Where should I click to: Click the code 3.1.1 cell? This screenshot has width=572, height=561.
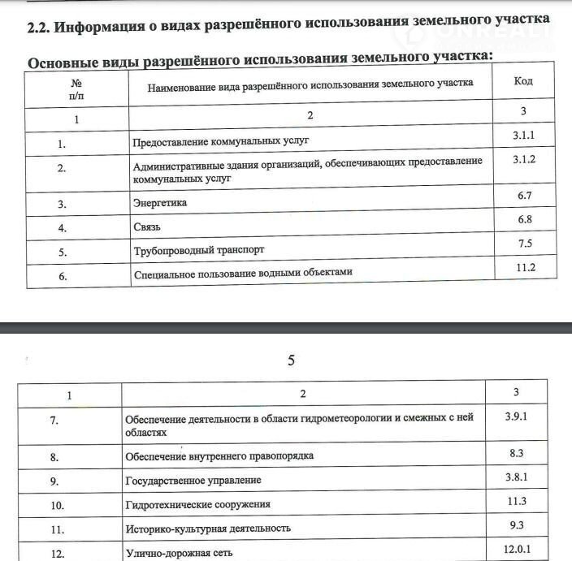(524, 137)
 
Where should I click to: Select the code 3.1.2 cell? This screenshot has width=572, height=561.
(524, 161)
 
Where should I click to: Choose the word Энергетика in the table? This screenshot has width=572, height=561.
(159, 203)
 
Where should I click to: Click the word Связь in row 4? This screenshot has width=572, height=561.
(147, 227)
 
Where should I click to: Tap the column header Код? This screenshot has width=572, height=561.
(524, 81)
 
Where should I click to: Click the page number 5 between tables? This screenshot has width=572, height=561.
(291, 360)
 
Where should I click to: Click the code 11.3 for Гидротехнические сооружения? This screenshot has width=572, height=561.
(517, 501)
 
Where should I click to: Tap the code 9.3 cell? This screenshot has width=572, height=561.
(517, 525)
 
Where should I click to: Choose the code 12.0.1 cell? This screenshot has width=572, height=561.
(517, 550)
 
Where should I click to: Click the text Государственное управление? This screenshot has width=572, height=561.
(193, 481)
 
